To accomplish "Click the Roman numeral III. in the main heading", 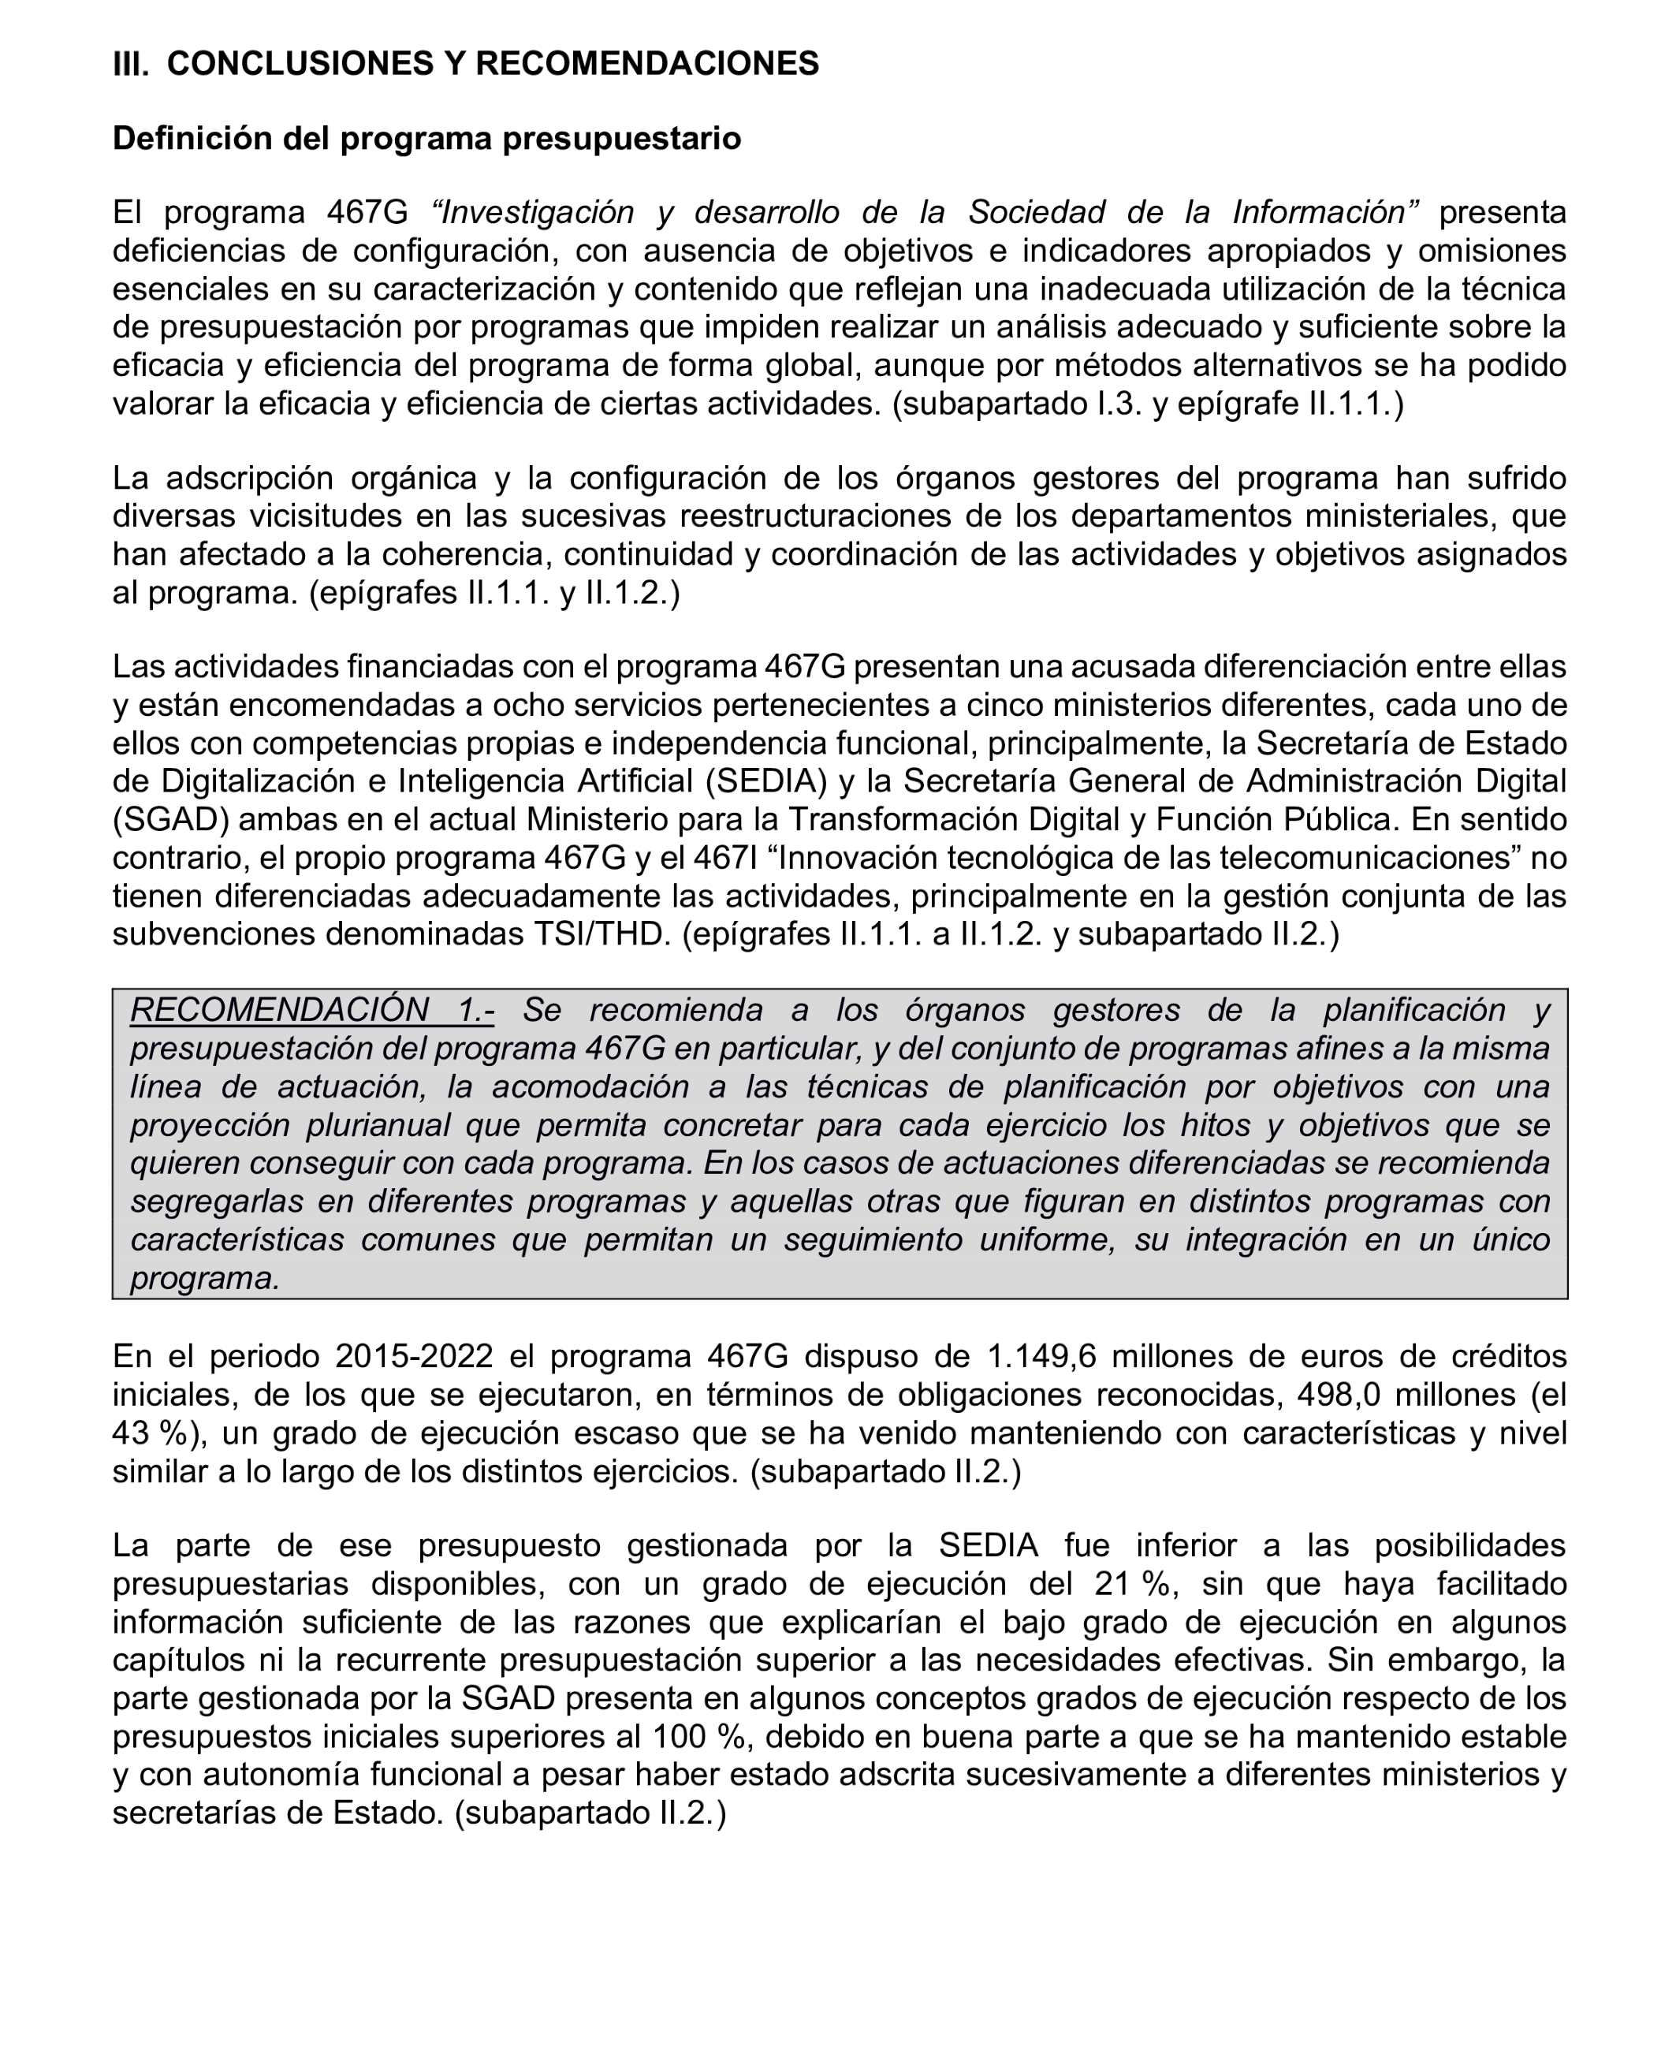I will click(x=130, y=64).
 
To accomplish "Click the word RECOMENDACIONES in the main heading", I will click(x=647, y=64).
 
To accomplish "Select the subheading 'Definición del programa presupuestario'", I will click(x=426, y=138).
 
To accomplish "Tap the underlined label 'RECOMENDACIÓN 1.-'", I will click(x=312, y=1010).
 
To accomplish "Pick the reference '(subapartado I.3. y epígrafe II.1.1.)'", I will click(x=1148, y=404).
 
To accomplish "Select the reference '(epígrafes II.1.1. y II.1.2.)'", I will click(x=494, y=592).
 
